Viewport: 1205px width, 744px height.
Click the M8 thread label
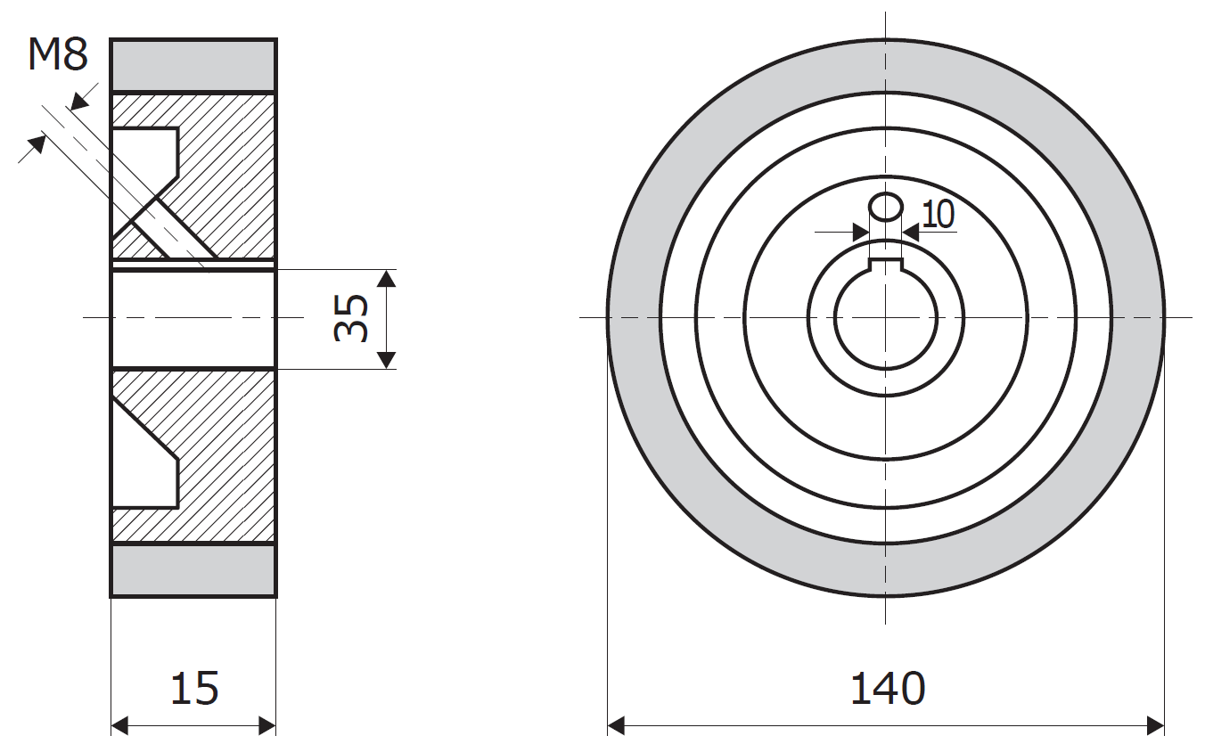58,55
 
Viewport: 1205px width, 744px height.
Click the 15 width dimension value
194,688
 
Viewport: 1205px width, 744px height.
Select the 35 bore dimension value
351,318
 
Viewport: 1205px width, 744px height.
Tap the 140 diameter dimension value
888,688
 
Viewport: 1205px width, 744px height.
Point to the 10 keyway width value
939,214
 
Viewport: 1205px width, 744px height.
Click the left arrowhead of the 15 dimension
119,725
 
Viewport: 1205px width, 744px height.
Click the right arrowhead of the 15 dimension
267,725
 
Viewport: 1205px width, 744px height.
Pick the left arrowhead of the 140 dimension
616,725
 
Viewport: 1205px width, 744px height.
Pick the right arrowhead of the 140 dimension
1155,725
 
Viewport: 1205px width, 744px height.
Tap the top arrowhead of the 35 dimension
386,278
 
